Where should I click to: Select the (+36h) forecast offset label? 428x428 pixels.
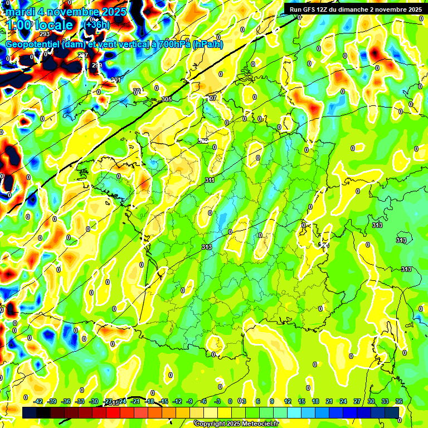click(x=97, y=25)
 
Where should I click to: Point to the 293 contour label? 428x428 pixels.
click(x=45, y=34)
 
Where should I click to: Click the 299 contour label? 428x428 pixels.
click(x=97, y=65)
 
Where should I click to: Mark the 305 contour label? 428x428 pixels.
click(x=166, y=99)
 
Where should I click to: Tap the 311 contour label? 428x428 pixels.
click(x=210, y=180)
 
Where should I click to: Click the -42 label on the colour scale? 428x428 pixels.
click(x=38, y=401)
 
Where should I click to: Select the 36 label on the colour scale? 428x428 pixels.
click(x=399, y=401)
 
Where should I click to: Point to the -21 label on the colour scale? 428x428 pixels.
click(x=135, y=401)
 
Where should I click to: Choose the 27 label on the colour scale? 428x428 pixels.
click(x=357, y=401)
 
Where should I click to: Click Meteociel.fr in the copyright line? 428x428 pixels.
click(x=256, y=424)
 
